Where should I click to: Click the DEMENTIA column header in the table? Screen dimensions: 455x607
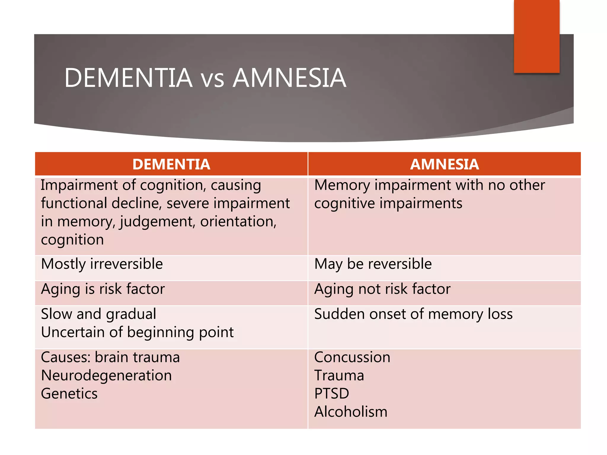[171, 164]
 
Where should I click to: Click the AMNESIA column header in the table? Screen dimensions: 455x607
[444, 164]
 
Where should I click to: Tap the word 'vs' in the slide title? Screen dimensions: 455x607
[212, 78]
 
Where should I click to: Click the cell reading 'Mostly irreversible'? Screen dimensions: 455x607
[102, 264]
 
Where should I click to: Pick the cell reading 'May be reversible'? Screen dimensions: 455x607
[373, 264]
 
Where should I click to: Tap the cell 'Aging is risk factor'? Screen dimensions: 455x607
[103, 289]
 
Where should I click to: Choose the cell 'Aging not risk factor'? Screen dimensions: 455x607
[382, 289]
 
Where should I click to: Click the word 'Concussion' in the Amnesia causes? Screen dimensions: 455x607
[352, 357]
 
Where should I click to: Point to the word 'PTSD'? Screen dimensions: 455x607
[332, 394]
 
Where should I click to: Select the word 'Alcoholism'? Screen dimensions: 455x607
[351, 412]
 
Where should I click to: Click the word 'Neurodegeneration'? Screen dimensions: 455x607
[106, 375]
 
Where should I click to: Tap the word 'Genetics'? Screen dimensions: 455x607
[69, 394]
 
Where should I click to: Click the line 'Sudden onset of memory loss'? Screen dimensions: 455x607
[413, 314]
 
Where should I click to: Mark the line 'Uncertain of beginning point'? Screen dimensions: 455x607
[137, 332]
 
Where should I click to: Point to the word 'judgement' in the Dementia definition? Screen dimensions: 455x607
[157, 222]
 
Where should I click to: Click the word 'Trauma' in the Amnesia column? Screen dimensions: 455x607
[339, 375]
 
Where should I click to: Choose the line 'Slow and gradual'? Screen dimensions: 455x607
[98, 314]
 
